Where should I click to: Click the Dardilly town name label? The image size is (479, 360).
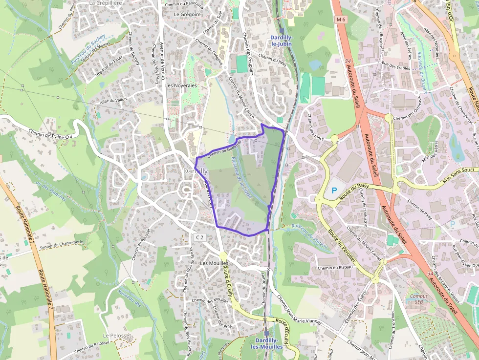click(196, 171)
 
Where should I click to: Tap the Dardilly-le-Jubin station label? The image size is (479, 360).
click(281, 41)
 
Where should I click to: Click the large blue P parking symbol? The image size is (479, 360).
click(335, 191)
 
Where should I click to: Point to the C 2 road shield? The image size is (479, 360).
click(199, 237)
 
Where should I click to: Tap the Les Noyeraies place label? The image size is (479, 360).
click(181, 85)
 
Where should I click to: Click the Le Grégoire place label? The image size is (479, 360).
click(188, 15)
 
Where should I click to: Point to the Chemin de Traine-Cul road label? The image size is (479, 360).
click(47, 128)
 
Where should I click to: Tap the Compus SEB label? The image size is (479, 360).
click(419, 299)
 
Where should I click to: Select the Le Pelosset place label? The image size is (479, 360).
click(117, 336)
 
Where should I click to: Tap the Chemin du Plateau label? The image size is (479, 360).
click(335, 268)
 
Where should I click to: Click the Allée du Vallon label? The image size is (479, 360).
click(113, 100)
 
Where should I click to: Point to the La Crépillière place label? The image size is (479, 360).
click(106, 3)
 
